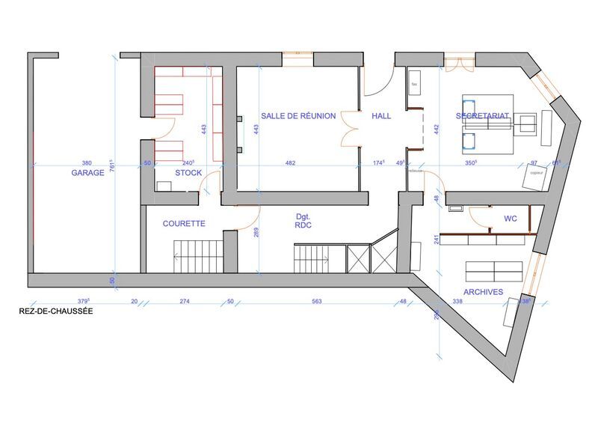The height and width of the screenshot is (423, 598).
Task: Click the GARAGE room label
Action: click(x=87, y=173)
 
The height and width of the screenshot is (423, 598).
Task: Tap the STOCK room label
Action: click(x=188, y=173)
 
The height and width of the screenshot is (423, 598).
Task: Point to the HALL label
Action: click(x=381, y=115)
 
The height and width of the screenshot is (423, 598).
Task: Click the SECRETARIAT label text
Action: click(x=482, y=115)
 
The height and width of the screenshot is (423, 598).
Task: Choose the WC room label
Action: click(x=511, y=219)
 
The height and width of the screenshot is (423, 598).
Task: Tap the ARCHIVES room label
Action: click(x=483, y=292)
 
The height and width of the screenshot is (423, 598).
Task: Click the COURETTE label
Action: click(x=184, y=223)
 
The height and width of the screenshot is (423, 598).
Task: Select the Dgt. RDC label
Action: click(x=303, y=219)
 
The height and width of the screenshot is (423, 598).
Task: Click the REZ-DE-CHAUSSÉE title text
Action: click(x=55, y=311)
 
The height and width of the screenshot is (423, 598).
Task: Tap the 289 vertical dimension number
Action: click(x=256, y=232)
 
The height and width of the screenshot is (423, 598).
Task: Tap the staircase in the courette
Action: click(x=197, y=257)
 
